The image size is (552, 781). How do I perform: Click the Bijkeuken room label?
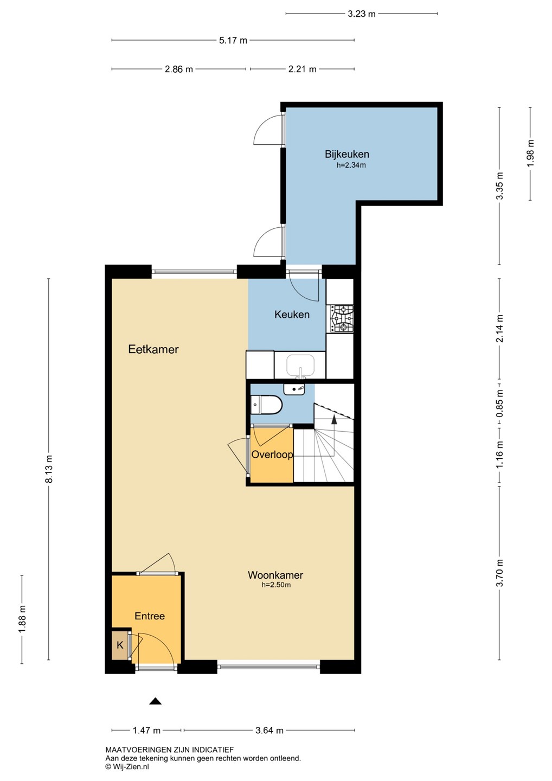click(346, 155)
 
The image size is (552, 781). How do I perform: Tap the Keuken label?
click(292, 315)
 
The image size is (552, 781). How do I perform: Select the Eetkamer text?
click(153, 349)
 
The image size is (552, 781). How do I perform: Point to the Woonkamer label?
click(275, 575)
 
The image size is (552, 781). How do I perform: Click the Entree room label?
click(150, 616)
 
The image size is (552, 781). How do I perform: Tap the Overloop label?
click(272, 454)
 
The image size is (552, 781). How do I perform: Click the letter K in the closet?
click(120, 645)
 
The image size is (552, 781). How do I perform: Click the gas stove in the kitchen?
click(340, 318)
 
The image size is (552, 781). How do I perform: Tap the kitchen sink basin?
click(300, 365)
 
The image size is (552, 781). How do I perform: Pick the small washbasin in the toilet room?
click(294, 389)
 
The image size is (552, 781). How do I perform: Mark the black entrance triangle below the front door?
click(156, 701)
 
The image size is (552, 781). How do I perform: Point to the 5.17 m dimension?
click(233, 41)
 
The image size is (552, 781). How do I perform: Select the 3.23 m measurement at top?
click(361, 14)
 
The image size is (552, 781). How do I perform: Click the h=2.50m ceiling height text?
click(276, 585)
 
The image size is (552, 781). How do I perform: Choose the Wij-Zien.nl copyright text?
click(127, 767)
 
